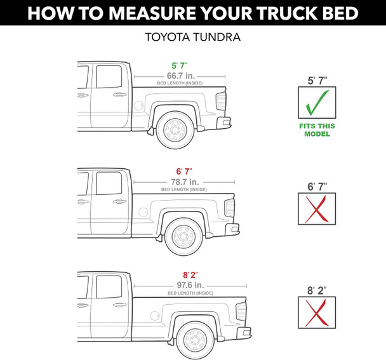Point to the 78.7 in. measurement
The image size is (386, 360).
[183, 181]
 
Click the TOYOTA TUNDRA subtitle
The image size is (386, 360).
[193, 37]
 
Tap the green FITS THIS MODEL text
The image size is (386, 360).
[317, 130]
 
